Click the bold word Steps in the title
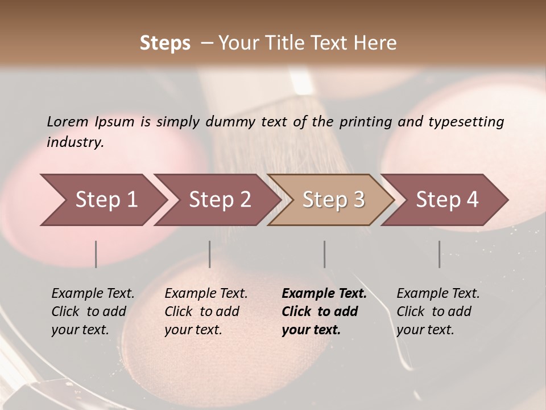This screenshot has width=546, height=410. pyautogui.click(x=165, y=43)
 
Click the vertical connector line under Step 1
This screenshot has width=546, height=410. pyautogui.click(x=96, y=254)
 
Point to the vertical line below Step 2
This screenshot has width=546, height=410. pyautogui.click(x=210, y=254)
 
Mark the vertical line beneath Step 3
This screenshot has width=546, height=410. pyautogui.click(x=325, y=254)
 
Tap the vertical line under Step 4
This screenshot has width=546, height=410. pyautogui.click(x=439, y=254)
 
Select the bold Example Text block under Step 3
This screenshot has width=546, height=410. pyautogui.click(x=324, y=311)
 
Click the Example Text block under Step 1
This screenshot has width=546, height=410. pyautogui.click(x=93, y=311)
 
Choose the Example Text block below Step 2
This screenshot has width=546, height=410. pyautogui.click(x=206, y=311)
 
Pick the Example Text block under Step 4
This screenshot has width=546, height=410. pyautogui.click(x=438, y=311)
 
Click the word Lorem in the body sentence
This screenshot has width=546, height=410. pyautogui.click(x=68, y=121)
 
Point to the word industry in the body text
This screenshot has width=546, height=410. pyautogui.click(x=75, y=142)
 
